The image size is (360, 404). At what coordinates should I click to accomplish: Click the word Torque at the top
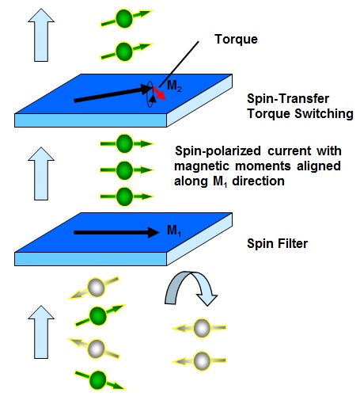click(x=236, y=40)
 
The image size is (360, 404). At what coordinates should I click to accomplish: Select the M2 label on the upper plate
click(x=174, y=86)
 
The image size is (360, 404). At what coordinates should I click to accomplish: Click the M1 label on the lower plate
click(x=174, y=231)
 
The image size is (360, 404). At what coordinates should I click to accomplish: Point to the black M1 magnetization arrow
click(x=116, y=232)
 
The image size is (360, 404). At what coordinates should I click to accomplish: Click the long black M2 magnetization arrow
click(x=113, y=94)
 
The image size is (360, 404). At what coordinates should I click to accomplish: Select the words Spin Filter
click(x=278, y=243)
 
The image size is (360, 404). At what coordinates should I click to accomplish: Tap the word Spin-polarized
click(x=218, y=151)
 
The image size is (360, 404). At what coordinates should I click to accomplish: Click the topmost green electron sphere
click(x=124, y=18)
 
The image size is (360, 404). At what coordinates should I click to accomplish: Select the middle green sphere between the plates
click(x=124, y=170)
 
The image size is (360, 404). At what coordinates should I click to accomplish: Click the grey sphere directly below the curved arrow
click(x=202, y=328)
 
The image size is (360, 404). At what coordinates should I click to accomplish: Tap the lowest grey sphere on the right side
click(x=202, y=360)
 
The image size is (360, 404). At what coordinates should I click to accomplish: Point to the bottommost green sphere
click(x=98, y=380)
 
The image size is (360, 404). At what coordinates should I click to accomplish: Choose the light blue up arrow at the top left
click(x=41, y=35)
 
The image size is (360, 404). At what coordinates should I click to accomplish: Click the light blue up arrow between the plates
click(x=41, y=173)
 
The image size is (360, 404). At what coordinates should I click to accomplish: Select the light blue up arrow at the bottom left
click(x=41, y=332)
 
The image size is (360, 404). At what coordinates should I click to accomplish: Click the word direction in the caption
click(x=258, y=181)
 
